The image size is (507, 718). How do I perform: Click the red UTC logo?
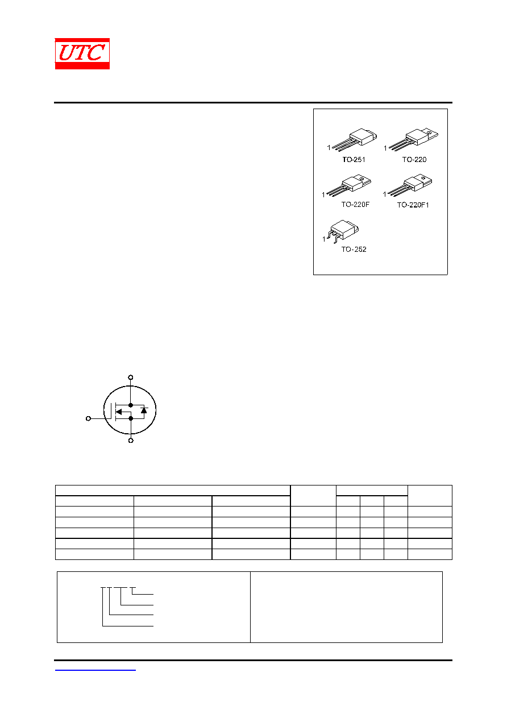tap(82, 53)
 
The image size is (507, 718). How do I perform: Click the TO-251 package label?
tap(354, 159)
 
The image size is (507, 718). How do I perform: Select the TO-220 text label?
tap(414, 159)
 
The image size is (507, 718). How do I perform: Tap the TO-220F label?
tap(355, 204)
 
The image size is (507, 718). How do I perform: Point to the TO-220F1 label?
tap(413, 205)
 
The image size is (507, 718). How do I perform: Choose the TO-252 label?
tap(354, 249)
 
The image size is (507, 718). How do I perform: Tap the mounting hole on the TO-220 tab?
tap(430, 132)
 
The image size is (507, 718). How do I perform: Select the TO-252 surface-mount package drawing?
tap(343, 231)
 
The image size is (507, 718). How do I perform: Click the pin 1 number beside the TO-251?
tap(329, 147)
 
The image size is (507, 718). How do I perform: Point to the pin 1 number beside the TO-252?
tap(324, 239)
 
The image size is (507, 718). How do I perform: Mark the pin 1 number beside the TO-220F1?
tap(385, 194)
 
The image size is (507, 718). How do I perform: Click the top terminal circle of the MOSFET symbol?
tap(130, 377)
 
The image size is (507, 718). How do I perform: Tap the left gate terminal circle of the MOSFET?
tap(89, 418)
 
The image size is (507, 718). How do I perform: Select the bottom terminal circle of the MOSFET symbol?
tap(131, 441)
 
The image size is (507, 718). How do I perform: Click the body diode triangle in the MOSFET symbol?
tap(144, 410)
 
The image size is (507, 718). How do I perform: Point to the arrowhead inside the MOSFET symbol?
tap(119, 412)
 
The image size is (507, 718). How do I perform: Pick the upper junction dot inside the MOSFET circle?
tap(130, 405)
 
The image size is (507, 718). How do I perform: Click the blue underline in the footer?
tap(95, 670)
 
